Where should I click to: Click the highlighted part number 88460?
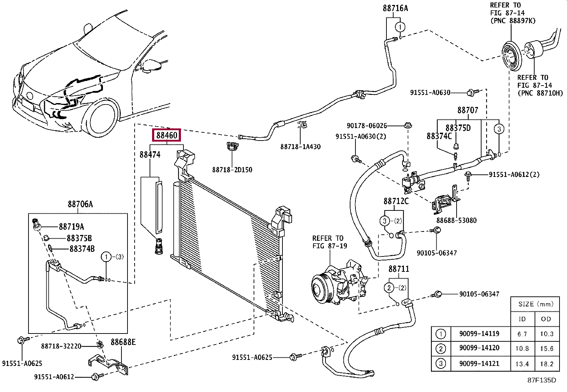[167, 135]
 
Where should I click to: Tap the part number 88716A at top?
[395, 8]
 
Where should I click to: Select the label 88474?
[150, 154]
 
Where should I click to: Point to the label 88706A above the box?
[80, 204]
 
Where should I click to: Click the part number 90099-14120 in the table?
[479, 348]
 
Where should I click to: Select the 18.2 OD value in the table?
[546, 364]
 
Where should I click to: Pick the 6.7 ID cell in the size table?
[522, 334]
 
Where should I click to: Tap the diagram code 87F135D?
[542, 380]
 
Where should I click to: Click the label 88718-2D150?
[232, 170]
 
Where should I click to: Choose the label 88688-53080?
[456, 220]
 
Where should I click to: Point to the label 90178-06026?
[367, 126]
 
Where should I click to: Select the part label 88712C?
[396, 201]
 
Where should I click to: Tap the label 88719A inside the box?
[71, 226]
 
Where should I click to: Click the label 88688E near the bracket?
[123, 342]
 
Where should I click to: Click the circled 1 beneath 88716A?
[400, 27]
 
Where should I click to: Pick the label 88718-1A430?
[301, 147]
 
